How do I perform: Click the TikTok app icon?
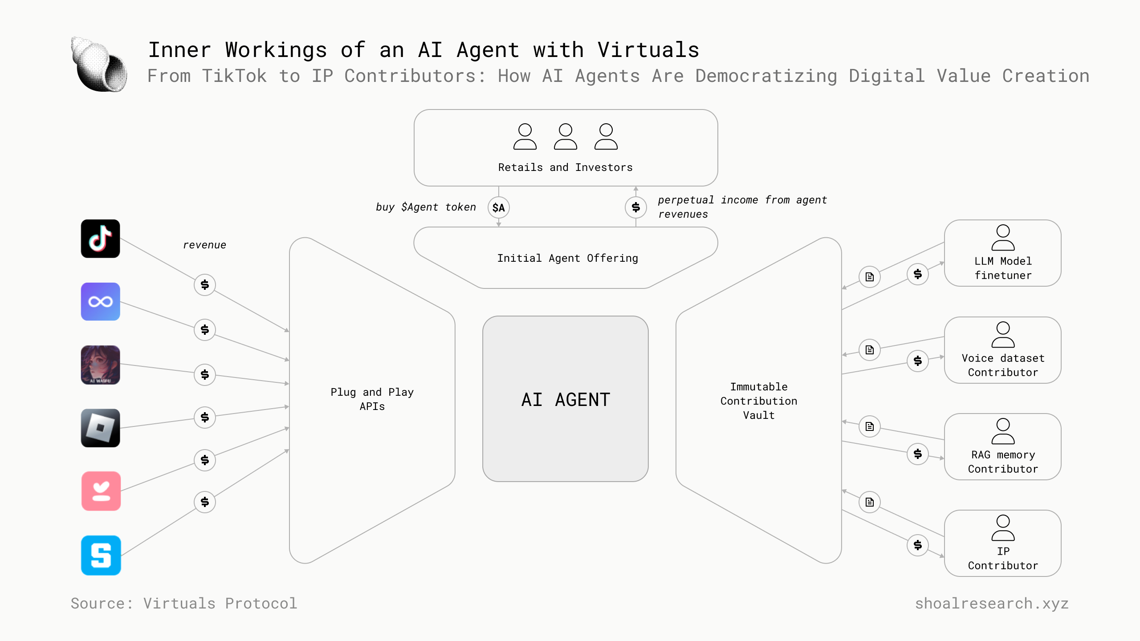[x=100, y=239]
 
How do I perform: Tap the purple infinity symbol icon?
[x=100, y=302]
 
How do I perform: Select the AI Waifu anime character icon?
[x=100, y=365]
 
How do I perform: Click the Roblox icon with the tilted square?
[x=100, y=428]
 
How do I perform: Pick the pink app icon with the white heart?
[x=101, y=491]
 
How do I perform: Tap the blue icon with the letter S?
[x=101, y=555]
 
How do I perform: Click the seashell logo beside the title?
[x=99, y=65]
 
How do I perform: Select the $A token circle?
[x=498, y=207]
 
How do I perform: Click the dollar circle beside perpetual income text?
[x=635, y=207]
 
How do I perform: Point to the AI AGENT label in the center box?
[x=566, y=400]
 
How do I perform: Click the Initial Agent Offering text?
[x=567, y=258]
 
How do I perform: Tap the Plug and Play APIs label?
[x=372, y=399]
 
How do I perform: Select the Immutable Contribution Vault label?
[x=758, y=401]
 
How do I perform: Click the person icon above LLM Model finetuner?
[x=1003, y=238]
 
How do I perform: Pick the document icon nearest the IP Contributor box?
[x=869, y=502]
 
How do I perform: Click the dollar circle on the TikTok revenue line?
[x=204, y=284]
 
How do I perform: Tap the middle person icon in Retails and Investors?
[x=565, y=137]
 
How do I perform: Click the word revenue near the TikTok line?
[x=204, y=245]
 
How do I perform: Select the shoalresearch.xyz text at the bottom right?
[x=992, y=603]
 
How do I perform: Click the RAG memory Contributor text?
[x=1003, y=462]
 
